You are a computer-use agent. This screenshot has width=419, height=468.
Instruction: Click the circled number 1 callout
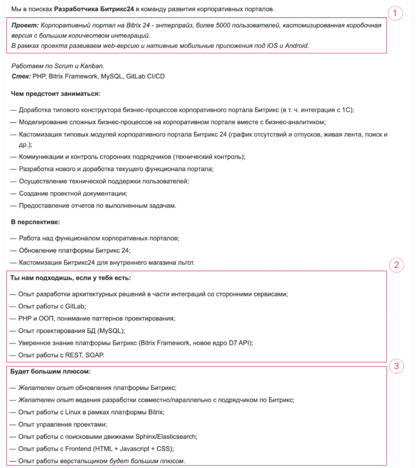pos(396,13)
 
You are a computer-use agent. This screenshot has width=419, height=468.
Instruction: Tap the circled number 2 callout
pos(396,265)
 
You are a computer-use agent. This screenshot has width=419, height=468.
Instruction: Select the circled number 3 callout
pos(396,366)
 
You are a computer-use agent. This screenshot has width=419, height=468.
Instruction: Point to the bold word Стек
pos(21,76)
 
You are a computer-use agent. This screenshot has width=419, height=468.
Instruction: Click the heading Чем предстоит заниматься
pos(55,94)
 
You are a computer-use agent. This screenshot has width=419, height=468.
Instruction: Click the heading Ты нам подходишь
pos(70,278)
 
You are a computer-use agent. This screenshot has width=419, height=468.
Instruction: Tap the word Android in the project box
pos(297,46)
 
